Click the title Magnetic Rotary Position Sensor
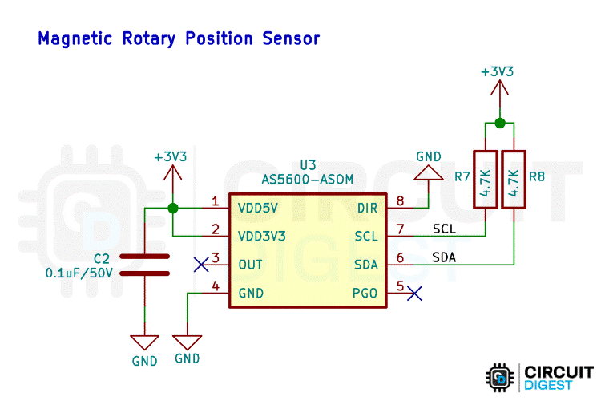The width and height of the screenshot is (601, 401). [179, 38]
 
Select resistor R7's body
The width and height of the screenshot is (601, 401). [486, 179]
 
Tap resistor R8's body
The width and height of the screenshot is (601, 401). [514, 179]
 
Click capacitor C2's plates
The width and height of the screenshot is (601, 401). [145, 265]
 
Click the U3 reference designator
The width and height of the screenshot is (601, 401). [309, 164]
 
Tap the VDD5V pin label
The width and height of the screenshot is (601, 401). [258, 208]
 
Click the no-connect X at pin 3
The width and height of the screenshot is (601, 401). [202, 265]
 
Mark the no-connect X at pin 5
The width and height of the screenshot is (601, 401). [414, 294]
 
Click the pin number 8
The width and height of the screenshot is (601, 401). [400, 201]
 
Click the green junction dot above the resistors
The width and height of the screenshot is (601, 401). [499, 123]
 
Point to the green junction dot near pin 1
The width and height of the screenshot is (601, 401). [172, 208]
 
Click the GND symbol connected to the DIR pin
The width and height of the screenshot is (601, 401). [428, 171]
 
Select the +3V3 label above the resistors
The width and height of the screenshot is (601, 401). [497, 71]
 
